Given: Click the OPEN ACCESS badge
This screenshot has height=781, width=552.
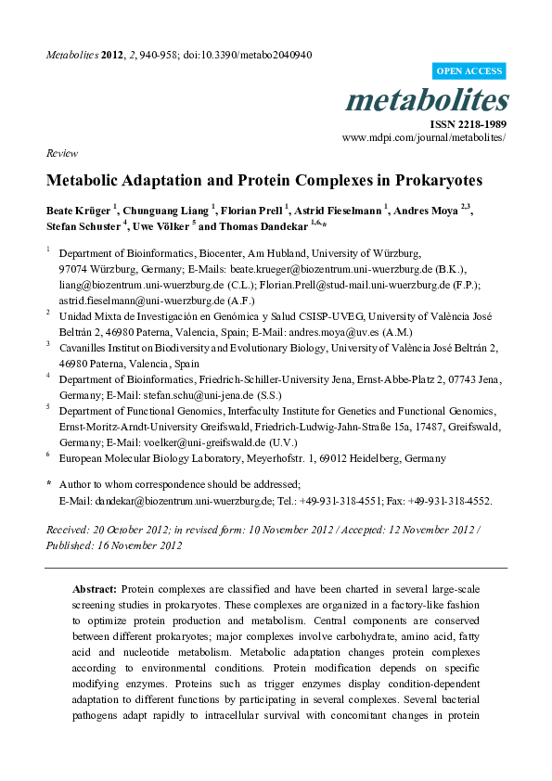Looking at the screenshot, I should coord(470,71).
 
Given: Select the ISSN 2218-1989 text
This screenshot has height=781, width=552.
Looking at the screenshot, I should coord(469,123).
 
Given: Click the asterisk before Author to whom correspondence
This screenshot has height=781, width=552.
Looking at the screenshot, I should coord(48,484).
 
